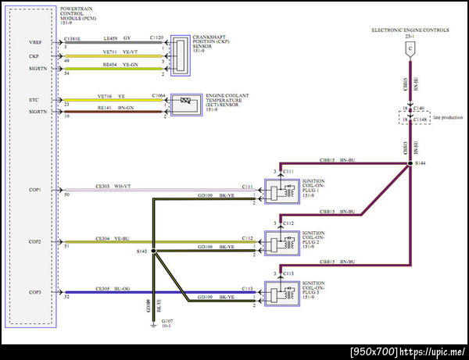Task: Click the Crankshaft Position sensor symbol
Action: click(181, 55)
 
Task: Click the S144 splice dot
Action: click(409, 163)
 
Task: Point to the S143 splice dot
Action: click(153, 251)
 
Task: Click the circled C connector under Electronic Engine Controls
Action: click(409, 49)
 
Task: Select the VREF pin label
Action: click(35, 41)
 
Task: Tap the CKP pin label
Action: click(34, 55)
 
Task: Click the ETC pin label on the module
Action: click(34, 99)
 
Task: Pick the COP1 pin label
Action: click(35, 189)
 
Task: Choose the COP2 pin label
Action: click(35, 241)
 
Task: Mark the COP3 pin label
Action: click(35, 293)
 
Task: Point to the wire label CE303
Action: click(103, 186)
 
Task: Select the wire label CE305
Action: click(103, 289)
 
